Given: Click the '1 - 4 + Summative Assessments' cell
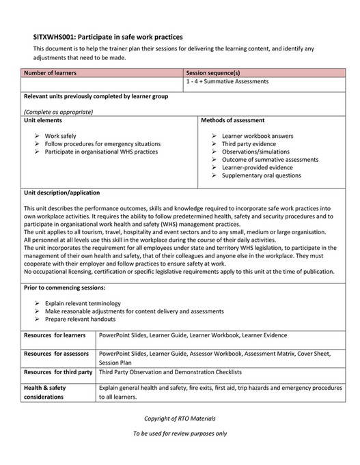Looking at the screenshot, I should click(227, 82).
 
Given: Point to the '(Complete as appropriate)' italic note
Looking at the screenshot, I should click(58, 111).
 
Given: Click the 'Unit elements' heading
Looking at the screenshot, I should click(44, 119).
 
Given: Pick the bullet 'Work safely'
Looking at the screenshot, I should click(61, 136).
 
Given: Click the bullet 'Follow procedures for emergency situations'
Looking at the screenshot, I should click(102, 144).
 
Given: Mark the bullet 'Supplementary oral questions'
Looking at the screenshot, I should click(261, 175).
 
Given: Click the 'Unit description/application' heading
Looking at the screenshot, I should click(61, 193).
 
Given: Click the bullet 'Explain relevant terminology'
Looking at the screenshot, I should click(83, 302).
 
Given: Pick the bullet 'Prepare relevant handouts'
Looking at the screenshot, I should click(81, 319).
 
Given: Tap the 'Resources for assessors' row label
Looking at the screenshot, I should click(57, 354).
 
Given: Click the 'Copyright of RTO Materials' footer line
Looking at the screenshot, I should click(180, 418).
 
